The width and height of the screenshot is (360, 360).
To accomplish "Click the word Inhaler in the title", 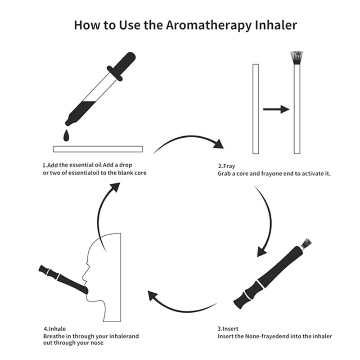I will coord(277,25).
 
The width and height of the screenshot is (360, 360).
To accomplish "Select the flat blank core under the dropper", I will coord(98,148).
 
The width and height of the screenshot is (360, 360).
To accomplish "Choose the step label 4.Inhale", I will coord(54,329).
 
